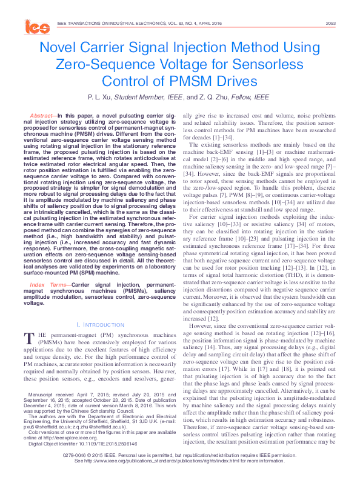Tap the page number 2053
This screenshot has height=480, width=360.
pos(330,23)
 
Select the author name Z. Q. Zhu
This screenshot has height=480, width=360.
pos(216,97)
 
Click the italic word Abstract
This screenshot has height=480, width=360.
pos(41,115)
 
